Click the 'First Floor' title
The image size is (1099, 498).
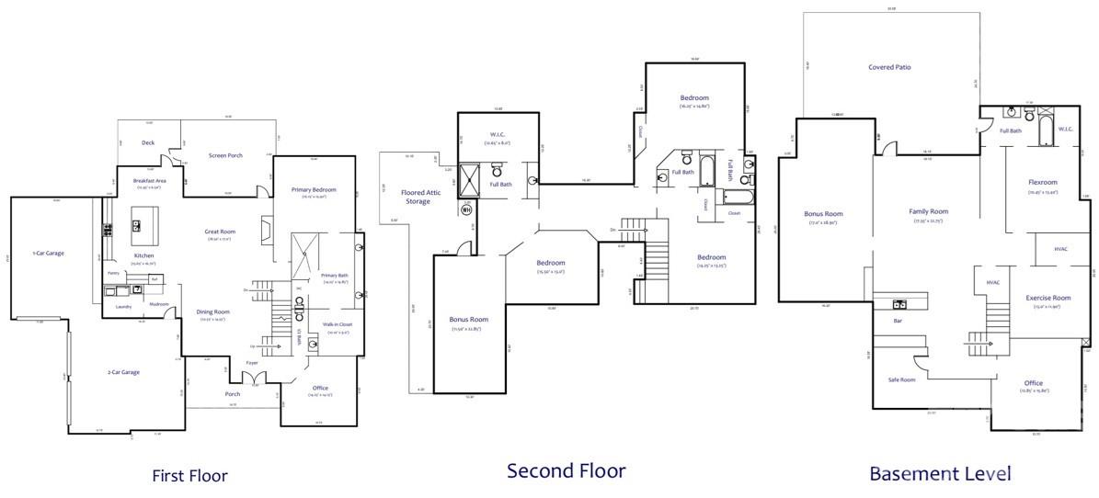pyautogui.click(x=189, y=475)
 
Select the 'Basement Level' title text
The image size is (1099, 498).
pyautogui.click(x=940, y=473)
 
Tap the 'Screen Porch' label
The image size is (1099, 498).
pyautogui.click(x=224, y=155)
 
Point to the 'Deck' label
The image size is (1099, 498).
pyautogui.click(x=148, y=142)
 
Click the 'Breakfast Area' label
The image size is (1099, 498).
pyautogui.click(x=149, y=181)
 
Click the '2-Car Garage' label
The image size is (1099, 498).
pyautogui.click(x=124, y=372)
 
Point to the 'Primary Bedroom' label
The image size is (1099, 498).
pyautogui.click(x=315, y=190)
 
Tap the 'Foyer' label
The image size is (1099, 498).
pyautogui.click(x=251, y=363)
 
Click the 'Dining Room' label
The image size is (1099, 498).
pyautogui.click(x=212, y=312)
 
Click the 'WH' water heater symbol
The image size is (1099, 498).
pyautogui.click(x=466, y=209)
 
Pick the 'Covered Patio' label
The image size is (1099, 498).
pyautogui.click(x=889, y=67)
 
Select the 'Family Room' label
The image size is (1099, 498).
pyautogui.click(x=928, y=211)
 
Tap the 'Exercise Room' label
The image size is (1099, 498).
pyautogui.click(x=1048, y=298)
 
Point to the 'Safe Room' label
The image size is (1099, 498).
pyautogui.click(x=900, y=379)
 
